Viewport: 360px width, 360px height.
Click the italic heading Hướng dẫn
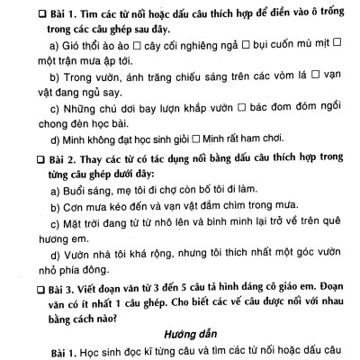(192, 329)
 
